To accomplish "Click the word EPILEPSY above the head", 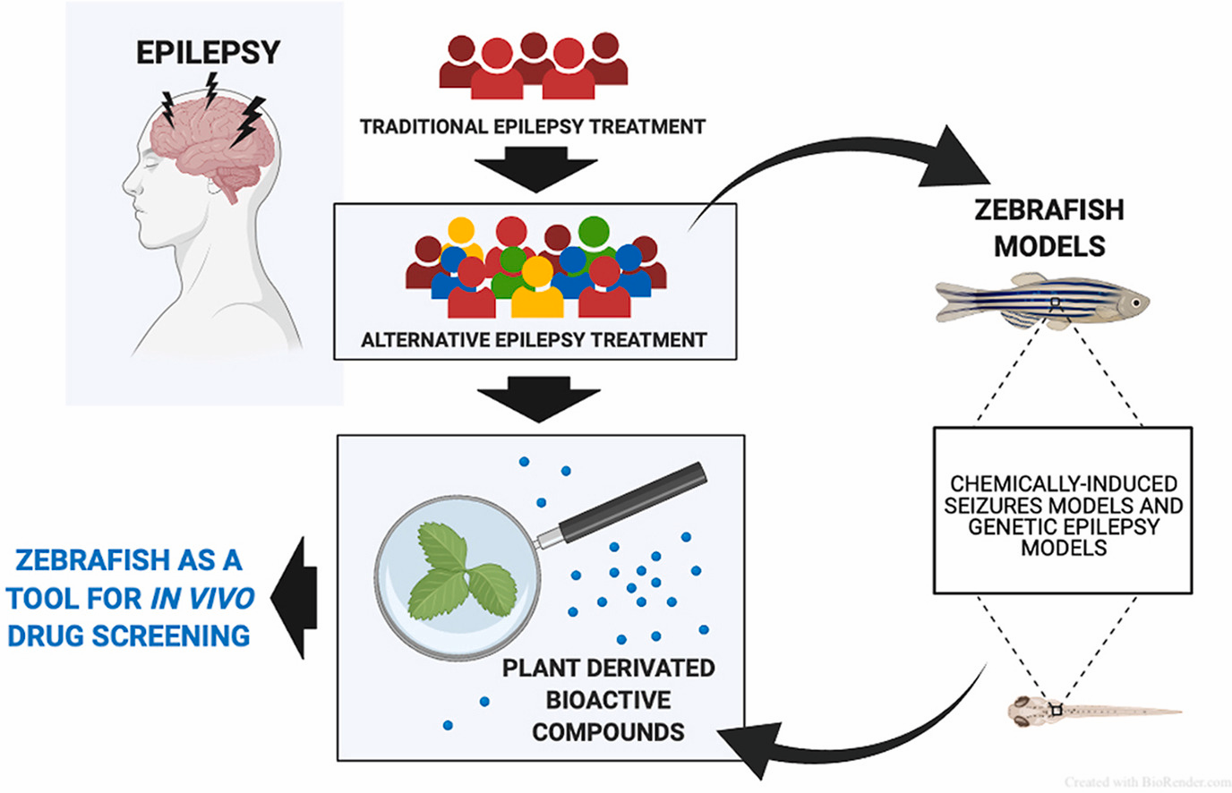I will [x=208, y=52].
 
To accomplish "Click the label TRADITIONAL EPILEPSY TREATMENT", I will [x=533, y=126].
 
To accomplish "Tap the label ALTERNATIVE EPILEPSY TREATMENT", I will [x=534, y=340].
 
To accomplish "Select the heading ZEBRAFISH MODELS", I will [x=1049, y=227].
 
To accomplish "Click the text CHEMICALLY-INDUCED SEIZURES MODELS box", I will [x=1063, y=515].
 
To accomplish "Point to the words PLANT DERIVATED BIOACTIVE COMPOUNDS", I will [x=609, y=700].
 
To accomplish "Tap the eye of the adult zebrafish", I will [x=1134, y=303].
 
